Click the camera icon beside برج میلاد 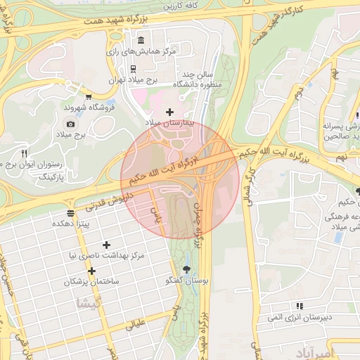pos(70,124)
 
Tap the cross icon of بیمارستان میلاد pos(169,112)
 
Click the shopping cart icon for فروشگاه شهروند pos(88,97)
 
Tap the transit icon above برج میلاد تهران pos(133,68)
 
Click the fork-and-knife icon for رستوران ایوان pos(24,153)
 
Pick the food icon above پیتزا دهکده pos(70,212)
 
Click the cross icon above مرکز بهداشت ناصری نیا pos(106,245)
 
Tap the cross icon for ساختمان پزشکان pos(91,271)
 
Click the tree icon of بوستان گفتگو pos(186,270)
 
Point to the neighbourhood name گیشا pos(91,303)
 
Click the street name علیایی pos(135,324)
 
